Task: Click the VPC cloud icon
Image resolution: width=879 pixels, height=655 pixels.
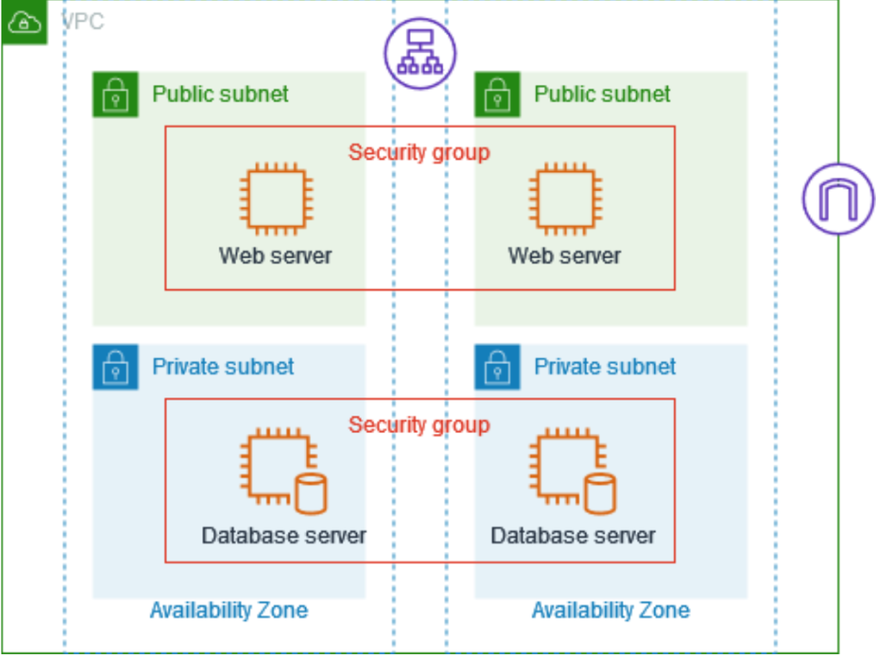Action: click(x=23, y=22)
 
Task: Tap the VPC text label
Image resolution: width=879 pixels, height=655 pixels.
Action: click(x=83, y=22)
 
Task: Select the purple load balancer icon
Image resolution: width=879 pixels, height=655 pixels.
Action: click(x=420, y=54)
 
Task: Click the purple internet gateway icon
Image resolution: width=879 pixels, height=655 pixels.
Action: click(x=838, y=199)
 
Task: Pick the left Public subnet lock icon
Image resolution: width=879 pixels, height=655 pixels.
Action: click(x=116, y=94)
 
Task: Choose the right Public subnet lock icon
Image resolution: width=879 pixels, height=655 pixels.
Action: click(x=497, y=94)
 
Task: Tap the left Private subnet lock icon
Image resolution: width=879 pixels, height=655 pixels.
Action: click(x=116, y=367)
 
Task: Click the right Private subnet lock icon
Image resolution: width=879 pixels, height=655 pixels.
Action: click(x=497, y=367)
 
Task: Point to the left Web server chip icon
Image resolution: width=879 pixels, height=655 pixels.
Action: click(x=276, y=199)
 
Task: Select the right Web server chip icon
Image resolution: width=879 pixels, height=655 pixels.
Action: click(x=565, y=199)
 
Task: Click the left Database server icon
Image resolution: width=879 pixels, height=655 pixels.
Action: click(x=284, y=470)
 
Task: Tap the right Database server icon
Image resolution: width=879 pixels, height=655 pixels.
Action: click(x=572, y=470)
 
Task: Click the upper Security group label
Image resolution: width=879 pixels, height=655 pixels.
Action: click(x=419, y=152)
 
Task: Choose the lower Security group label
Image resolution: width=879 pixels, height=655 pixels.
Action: click(x=419, y=425)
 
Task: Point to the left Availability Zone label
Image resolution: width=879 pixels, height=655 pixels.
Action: click(x=229, y=610)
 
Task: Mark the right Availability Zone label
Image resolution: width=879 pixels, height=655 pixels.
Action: click(x=611, y=610)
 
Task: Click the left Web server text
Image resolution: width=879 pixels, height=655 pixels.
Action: click(x=275, y=256)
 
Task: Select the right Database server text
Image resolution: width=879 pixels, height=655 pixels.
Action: click(x=573, y=535)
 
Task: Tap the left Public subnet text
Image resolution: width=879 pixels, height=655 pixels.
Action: click(x=220, y=94)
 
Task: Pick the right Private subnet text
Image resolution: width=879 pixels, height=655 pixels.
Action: click(x=605, y=367)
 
